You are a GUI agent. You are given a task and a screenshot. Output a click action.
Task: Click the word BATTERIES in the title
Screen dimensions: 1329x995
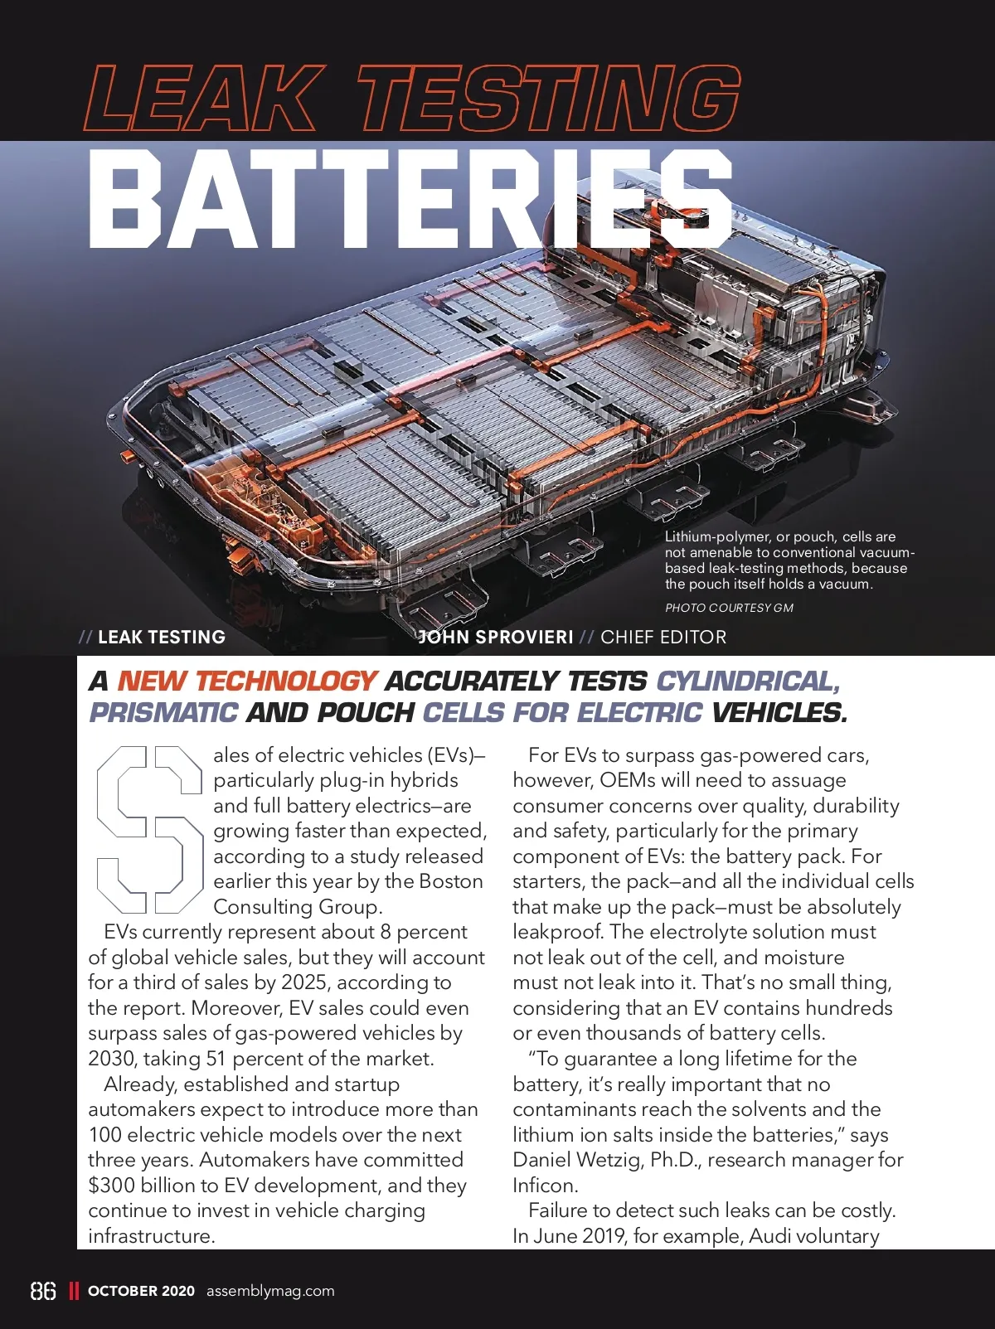(410, 201)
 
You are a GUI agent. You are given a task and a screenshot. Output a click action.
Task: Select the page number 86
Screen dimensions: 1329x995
(43, 1291)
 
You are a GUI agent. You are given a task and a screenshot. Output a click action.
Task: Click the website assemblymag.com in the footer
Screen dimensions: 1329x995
(270, 1291)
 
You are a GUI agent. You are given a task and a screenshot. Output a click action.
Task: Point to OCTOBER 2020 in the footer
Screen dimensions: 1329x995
(141, 1291)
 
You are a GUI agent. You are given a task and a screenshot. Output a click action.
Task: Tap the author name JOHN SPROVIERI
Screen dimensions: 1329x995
(496, 637)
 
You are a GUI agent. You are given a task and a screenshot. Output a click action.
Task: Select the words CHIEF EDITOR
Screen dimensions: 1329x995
(663, 637)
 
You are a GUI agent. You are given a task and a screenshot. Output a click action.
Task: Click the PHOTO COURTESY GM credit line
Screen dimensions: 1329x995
(729, 608)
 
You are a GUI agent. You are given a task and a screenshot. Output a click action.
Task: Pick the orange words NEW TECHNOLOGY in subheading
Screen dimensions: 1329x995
(247, 681)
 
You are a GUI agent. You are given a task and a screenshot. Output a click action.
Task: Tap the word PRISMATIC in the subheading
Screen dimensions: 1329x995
(163, 712)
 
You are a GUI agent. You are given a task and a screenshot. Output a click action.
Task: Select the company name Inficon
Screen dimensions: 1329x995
(544, 1186)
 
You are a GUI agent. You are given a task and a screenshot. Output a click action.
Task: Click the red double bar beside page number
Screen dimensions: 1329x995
(74, 1291)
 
